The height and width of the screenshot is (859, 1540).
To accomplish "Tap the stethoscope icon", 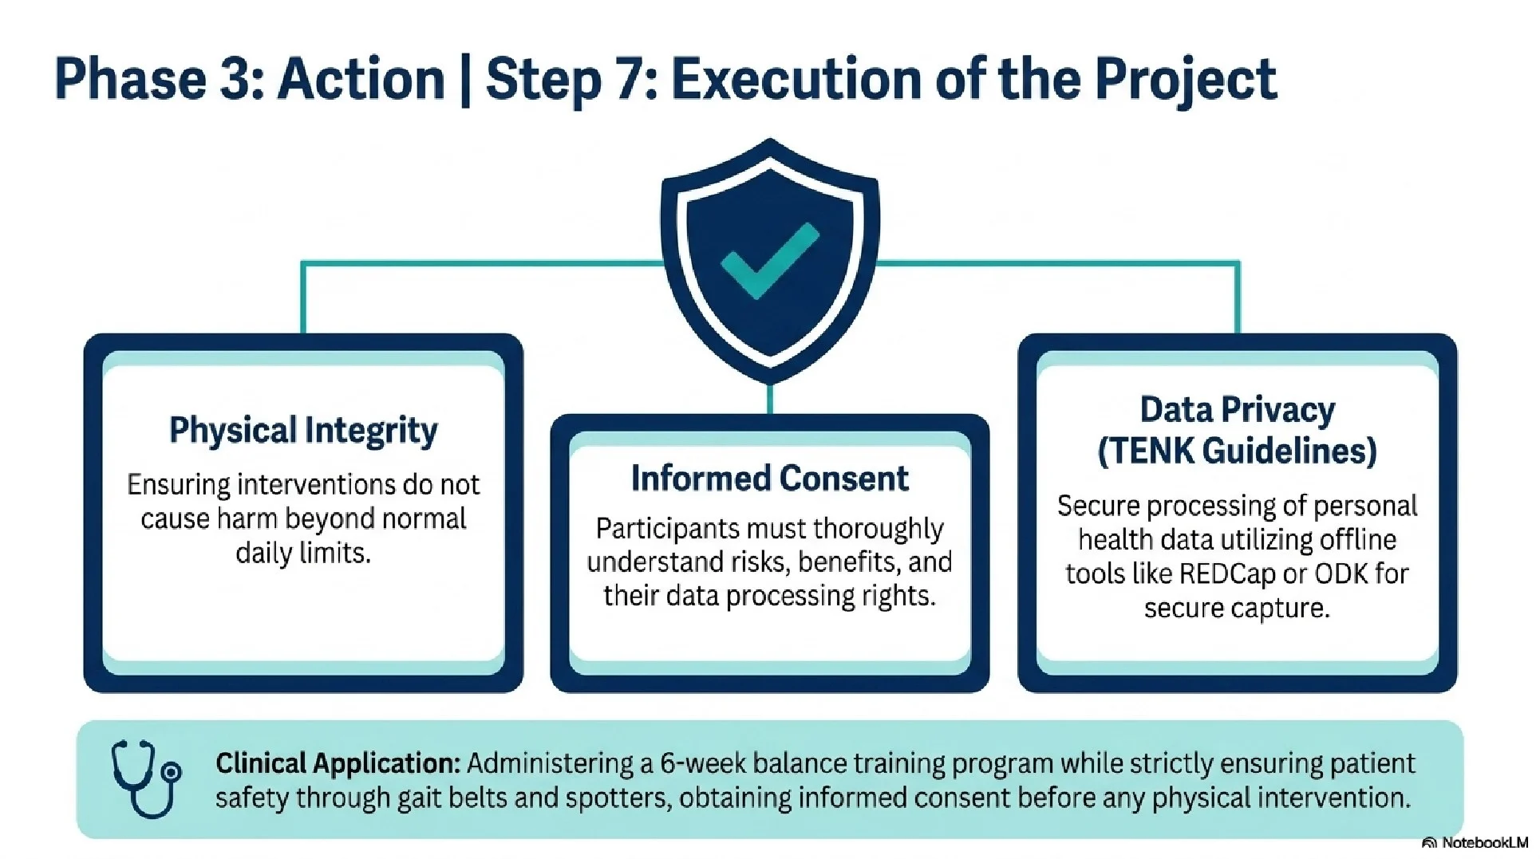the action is (x=145, y=778).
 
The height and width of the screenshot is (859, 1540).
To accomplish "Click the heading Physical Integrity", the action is (x=303, y=431).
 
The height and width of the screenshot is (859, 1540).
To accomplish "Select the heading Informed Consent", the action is (x=769, y=479).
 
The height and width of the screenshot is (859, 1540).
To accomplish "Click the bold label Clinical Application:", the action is (x=338, y=764).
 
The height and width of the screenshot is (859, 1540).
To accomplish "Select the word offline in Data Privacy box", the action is (x=1357, y=540).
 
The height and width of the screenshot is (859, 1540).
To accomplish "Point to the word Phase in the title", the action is (x=130, y=80).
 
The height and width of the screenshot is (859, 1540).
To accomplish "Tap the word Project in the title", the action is (x=1185, y=80).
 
